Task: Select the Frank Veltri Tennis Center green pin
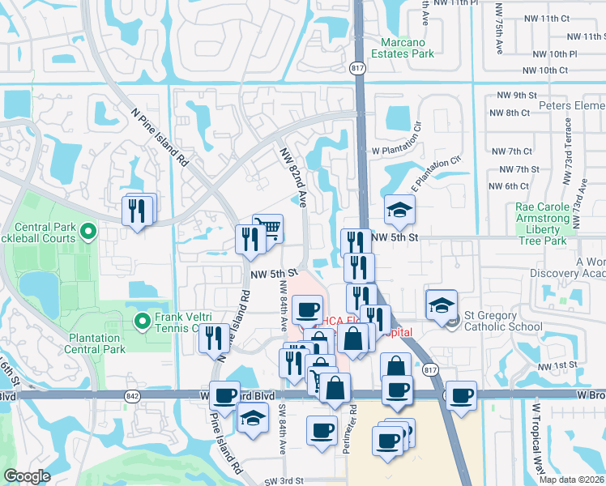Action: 143,322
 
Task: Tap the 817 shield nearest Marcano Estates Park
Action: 357,70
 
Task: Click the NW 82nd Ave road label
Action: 292,178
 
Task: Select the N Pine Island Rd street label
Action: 159,138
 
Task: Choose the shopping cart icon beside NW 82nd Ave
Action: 267,228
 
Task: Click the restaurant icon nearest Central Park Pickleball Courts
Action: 136,211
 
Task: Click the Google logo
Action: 27,476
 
